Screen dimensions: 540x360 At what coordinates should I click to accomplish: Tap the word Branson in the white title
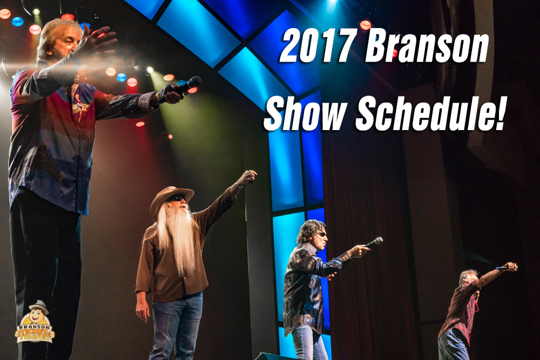(x=427, y=45)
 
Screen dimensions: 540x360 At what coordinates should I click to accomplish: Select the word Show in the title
(x=305, y=113)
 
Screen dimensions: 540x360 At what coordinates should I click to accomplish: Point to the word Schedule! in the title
(x=430, y=113)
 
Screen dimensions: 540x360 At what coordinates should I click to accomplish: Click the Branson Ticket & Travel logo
(x=35, y=322)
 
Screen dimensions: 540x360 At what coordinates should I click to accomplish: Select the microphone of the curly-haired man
(x=374, y=242)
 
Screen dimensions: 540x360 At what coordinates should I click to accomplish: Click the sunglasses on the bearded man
(x=178, y=199)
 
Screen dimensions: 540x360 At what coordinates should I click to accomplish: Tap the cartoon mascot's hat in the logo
(x=38, y=305)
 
